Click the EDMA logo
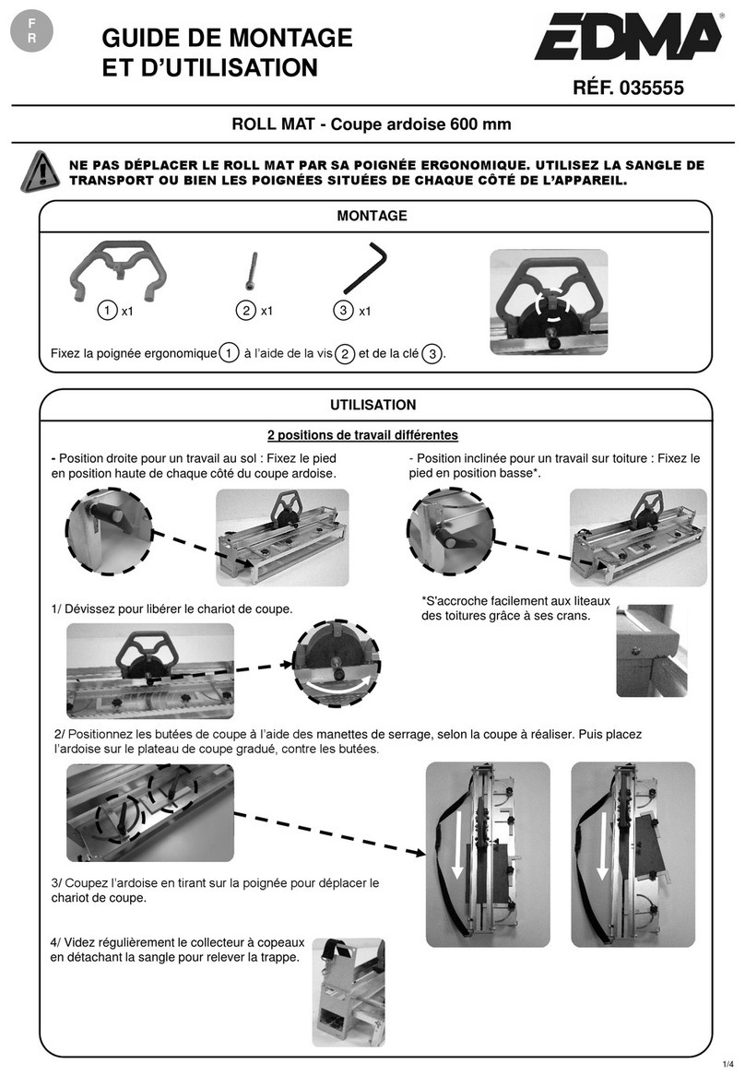(626, 41)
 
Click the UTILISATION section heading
(373, 405)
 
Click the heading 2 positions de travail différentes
(362, 434)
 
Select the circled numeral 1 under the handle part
(108, 312)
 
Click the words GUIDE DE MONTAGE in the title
(227, 38)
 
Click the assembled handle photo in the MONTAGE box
(548, 301)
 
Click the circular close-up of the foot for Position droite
(106, 532)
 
